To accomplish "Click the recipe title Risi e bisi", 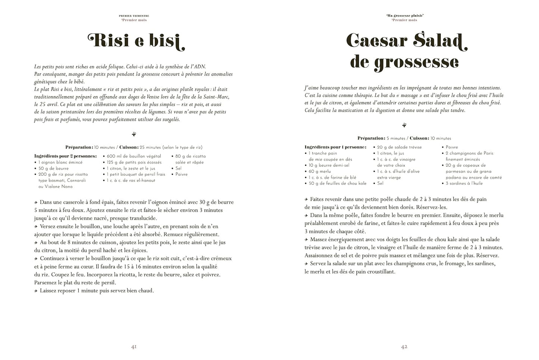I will click(x=136, y=41).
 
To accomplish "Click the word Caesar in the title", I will click(x=376, y=41).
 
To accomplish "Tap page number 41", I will click(x=134, y=347).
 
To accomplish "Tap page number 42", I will click(x=404, y=347).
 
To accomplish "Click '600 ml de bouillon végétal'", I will click(x=134, y=156).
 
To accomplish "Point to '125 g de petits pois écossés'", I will click(x=134, y=162).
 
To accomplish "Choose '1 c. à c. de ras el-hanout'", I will click(x=131, y=180).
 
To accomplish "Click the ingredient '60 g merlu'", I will click(x=320, y=171).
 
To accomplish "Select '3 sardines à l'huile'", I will click(x=464, y=183).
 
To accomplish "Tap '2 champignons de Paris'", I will click(x=469, y=153).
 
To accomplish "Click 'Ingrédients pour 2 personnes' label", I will click(x=65, y=156).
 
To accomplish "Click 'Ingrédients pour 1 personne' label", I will click(x=335, y=147).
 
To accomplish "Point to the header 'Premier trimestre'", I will click(x=134, y=16).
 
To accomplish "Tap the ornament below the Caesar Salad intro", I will click(x=404, y=125).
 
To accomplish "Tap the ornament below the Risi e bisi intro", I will click(x=134, y=134).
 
